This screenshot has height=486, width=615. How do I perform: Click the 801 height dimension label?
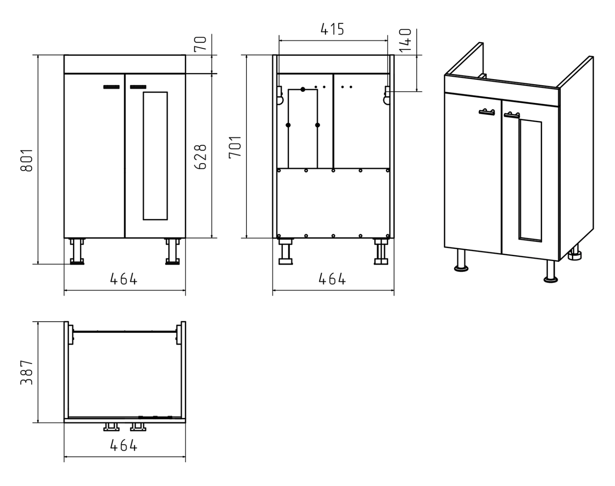pos(27,160)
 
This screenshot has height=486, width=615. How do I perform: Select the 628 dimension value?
pos(200,157)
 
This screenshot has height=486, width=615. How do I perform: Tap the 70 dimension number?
pos(200,44)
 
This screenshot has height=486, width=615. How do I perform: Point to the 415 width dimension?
pos(332,29)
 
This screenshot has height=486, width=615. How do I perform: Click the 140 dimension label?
pos(405,40)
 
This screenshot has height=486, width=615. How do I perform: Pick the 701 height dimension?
pos(235,147)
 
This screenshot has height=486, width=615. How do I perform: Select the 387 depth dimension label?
pos(27,372)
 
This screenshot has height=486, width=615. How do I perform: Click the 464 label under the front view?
pos(124,279)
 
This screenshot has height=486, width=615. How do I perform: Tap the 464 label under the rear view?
pos(332,279)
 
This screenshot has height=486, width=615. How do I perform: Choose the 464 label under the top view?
pos(124,445)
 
